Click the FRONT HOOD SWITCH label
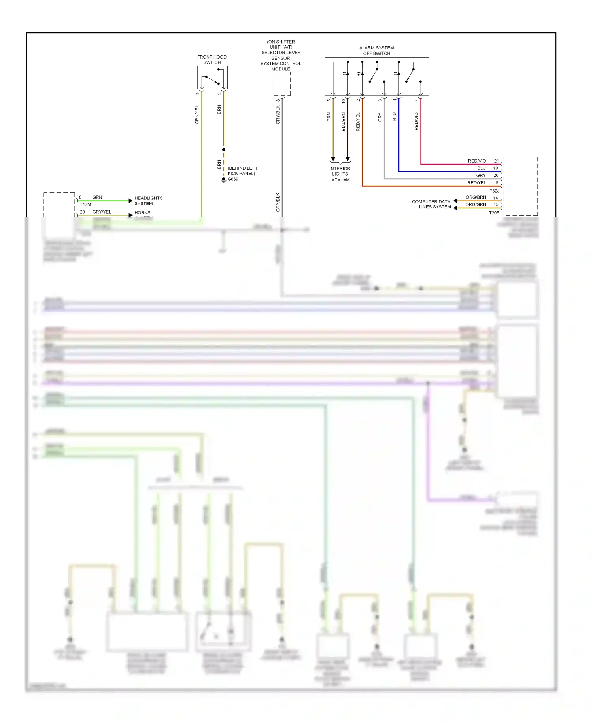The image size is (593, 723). (212, 60)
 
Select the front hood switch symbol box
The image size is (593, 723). (212, 78)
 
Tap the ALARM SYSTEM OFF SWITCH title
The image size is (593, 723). (376, 51)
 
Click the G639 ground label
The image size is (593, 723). (233, 179)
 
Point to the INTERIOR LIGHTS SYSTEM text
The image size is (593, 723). (340, 174)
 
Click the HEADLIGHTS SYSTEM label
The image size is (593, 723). (148, 201)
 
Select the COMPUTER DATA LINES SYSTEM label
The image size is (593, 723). (431, 204)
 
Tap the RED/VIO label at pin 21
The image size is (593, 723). (477, 161)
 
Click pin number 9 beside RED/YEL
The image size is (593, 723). (497, 183)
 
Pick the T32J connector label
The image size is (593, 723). (494, 191)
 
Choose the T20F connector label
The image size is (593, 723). (494, 213)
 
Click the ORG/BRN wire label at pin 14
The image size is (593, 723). (476, 197)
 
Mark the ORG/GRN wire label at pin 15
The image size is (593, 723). (476, 204)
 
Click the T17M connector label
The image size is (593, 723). (85, 204)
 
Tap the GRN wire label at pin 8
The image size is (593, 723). (97, 197)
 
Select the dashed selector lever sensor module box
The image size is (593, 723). (282, 84)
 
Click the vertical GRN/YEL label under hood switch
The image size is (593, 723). (197, 115)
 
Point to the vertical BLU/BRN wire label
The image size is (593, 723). (343, 121)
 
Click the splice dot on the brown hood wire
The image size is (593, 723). (223, 150)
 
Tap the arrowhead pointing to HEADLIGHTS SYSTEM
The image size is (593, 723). (130, 201)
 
